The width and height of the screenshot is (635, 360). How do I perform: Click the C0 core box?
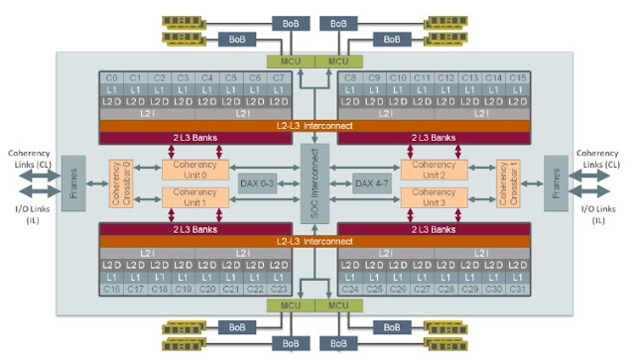[111, 77]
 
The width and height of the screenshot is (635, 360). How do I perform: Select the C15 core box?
[516, 77]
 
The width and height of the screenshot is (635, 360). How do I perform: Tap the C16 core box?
[111, 289]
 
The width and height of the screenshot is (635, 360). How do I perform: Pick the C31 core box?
[516, 289]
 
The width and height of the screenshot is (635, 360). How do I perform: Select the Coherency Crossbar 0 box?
[121, 184]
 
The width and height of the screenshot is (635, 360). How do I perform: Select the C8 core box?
[350, 77]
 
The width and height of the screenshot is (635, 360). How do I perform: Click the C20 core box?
[206, 289]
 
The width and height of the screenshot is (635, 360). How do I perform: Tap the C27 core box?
[422, 289]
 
